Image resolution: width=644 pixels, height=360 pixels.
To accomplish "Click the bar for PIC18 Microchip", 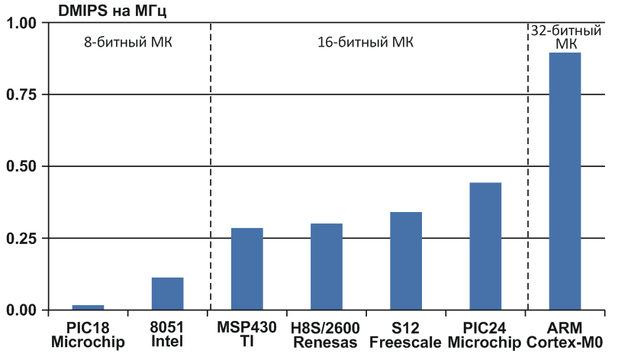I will [88, 307].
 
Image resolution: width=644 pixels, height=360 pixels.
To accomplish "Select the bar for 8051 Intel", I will [167, 294].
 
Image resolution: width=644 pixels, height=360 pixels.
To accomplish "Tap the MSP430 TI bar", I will [246, 268].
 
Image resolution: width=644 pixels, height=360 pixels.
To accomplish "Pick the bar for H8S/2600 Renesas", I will [326, 266].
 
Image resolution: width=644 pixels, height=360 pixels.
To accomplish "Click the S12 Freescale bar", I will [405, 261].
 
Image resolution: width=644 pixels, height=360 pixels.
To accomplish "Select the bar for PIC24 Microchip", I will [485, 246].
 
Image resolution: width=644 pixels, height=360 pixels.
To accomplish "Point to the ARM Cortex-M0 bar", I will [565, 182].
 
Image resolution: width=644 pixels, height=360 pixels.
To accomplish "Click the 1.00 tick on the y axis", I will [21, 24].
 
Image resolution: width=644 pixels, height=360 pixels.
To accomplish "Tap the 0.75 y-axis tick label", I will [21, 95].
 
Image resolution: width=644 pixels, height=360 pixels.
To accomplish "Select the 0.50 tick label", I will [21, 166].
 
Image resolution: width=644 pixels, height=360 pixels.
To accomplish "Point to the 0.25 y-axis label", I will [21, 238].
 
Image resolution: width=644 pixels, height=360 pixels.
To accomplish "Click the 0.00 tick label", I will [21, 310].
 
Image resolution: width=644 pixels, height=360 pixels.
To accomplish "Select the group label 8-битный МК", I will [128, 42].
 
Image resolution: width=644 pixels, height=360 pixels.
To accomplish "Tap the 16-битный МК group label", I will [365, 42].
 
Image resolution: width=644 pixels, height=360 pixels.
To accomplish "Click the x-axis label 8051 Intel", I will [167, 335].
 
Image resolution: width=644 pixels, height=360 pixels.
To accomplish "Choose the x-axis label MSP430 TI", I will [246, 335].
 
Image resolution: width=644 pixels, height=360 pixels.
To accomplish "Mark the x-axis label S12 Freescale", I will [405, 335].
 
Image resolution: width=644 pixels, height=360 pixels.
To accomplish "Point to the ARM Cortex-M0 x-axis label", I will [565, 335].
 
